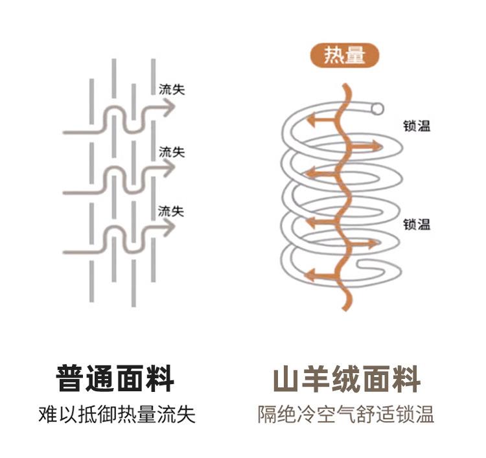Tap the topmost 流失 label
pos(172,89)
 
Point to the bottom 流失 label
pos(172,211)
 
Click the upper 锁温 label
pos(416,126)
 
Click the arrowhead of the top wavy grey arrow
pos(170,109)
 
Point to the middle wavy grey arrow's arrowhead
pos(170,169)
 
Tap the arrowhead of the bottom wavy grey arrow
pos(170,227)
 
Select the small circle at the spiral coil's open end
pos(377,108)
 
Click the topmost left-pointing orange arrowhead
pos(311,120)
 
